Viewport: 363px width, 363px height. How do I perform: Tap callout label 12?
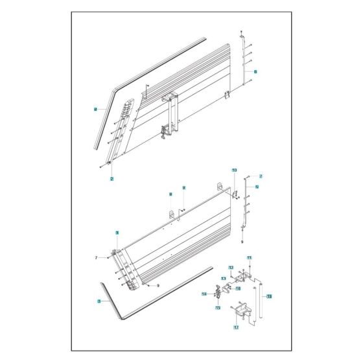(x=230, y=267)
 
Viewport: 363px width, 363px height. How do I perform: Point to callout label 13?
(x=223, y=278)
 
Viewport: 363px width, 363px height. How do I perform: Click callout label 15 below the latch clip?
(x=218, y=307)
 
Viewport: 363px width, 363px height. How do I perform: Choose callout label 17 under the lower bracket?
(x=236, y=327)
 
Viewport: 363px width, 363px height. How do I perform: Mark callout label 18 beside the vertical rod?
(x=269, y=296)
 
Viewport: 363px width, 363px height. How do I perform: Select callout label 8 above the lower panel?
(x=170, y=194)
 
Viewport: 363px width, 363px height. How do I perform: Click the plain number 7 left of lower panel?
(x=95, y=258)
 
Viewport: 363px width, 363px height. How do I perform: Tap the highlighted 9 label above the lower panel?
(x=183, y=188)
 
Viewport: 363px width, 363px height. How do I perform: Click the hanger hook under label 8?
(x=173, y=213)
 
